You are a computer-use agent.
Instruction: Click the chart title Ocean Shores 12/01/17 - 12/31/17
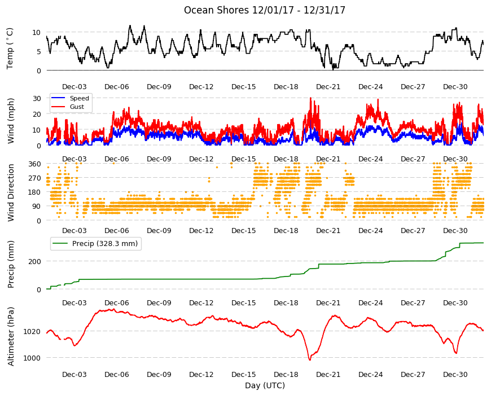(x=264, y=10)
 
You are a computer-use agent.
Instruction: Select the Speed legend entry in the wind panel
(x=79, y=98)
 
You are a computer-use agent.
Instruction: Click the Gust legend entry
(x=77, y=107)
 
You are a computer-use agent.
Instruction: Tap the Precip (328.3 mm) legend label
(x=105, y=244)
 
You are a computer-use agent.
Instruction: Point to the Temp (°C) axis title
(x=10, y=49)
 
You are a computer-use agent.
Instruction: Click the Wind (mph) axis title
(x=11, y=121)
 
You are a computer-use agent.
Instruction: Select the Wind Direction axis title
(x=11, y=192)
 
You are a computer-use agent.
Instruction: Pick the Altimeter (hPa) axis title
(x=11, y=336)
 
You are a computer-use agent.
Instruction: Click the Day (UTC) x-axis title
(x=265, y=385)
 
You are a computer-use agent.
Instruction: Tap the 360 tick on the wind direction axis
(x=34, y=164)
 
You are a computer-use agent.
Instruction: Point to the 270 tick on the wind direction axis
(x=34, y=178)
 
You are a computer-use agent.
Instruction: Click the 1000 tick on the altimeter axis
(x=32, y=358)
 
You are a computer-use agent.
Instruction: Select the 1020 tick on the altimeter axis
(x=32, y=331)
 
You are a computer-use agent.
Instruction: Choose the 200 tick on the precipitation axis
(x=34, y=261)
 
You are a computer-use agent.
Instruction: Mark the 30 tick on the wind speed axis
(x=37, y=98)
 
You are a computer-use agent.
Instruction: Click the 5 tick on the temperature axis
(x=39, y=52)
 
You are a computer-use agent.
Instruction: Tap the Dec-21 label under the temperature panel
(x=328, y=87)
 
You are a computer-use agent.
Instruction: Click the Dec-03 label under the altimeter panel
(x=74, y=374)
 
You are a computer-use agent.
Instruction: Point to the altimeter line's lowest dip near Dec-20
(x=310, y=360)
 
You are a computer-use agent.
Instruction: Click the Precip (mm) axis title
(x=11, y=264)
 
